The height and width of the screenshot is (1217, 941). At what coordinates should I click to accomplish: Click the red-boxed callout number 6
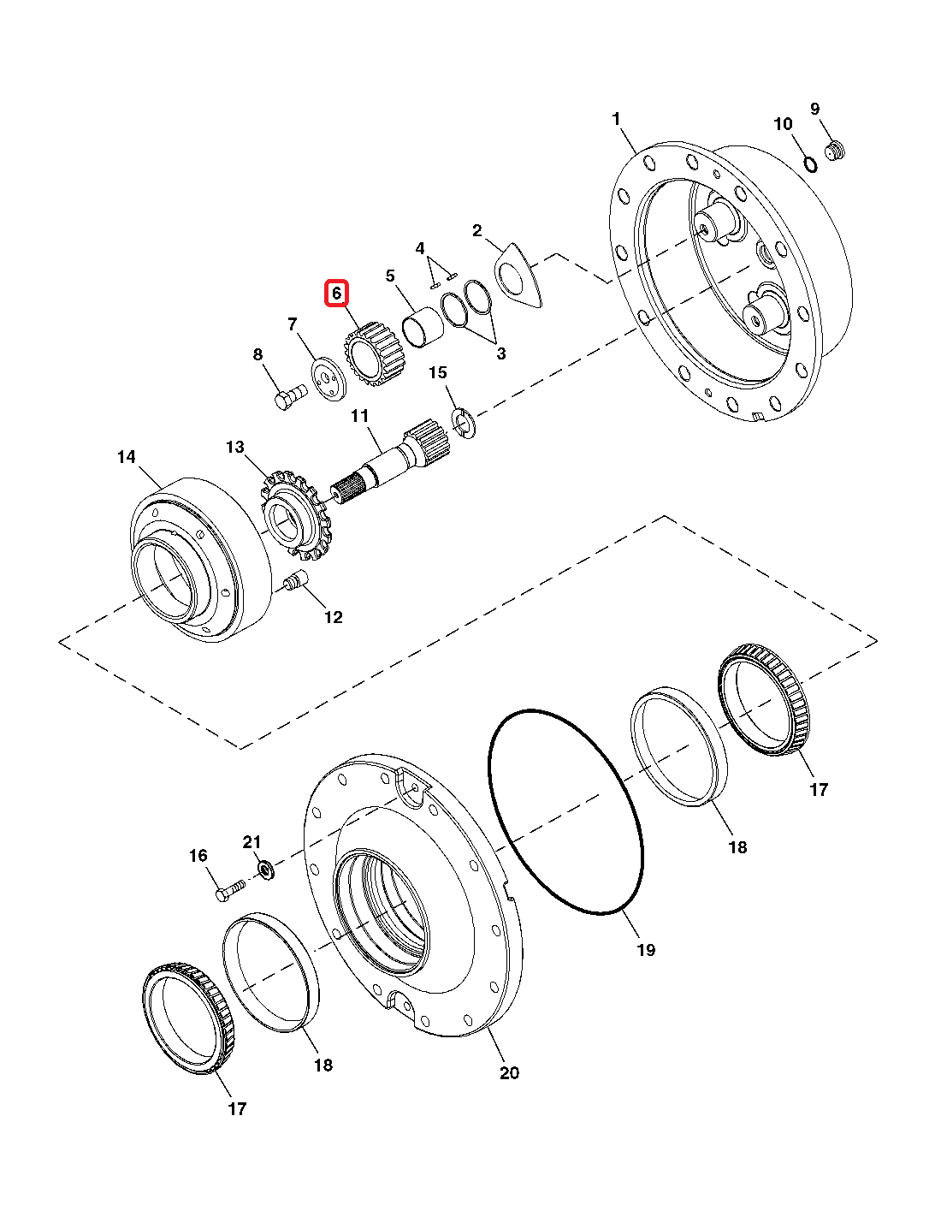336,294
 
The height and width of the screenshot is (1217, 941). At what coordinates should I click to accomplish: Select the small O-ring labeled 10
808,163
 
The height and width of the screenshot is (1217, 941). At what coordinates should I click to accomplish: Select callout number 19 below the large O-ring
646,949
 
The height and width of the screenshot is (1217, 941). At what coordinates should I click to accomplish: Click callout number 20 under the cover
509,1072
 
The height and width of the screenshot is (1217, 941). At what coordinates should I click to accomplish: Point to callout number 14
127,457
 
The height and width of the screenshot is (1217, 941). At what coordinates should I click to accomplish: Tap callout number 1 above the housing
616,120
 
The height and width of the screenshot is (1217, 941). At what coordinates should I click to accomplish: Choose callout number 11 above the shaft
359,416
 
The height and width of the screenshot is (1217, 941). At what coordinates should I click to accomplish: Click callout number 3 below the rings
500,353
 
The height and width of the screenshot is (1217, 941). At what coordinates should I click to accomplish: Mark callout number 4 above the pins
420,248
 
